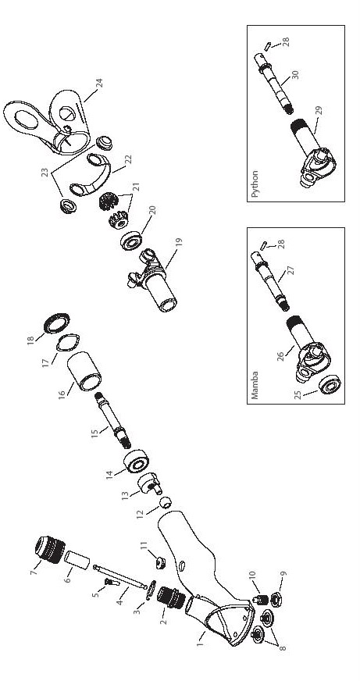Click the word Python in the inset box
tap(255, 184)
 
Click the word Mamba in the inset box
tap(255, 385)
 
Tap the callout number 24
tap(99, 84)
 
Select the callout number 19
tap(179, 242)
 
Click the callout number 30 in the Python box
tap(295, 75)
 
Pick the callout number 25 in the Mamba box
tap(297, 396)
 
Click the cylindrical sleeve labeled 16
tap(84, 371)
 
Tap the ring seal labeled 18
tap(56, 323)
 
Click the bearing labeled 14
tap(137, 462)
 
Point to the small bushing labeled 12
tap(166, 502)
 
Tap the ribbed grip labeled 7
tap(49, 550)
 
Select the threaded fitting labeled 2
tap(171, 598)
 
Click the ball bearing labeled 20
tap(130, 241)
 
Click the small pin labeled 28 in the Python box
tap(268, 45)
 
